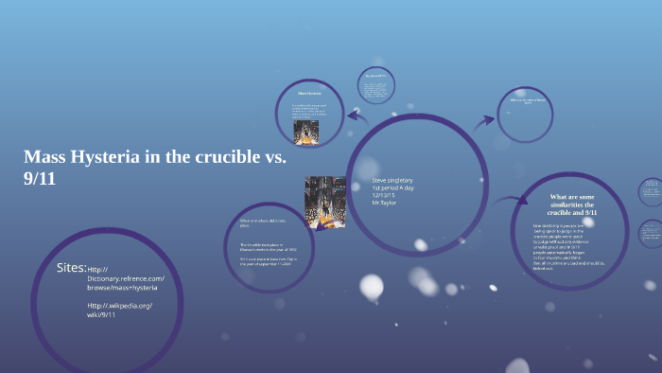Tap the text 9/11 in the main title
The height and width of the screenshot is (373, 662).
[x=40, y=178]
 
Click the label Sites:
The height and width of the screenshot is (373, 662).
[x=72, y=268]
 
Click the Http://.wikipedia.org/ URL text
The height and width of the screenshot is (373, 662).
[x=120, y=306]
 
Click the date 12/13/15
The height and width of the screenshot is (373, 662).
[x=383, y=195]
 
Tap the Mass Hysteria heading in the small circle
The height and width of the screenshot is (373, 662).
[x=310, y=94]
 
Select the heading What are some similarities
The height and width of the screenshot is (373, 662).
[x=573, y=204]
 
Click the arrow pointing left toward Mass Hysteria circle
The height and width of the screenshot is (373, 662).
[x=357, y=116]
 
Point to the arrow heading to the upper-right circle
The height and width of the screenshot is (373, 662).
[x=484, y=120]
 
